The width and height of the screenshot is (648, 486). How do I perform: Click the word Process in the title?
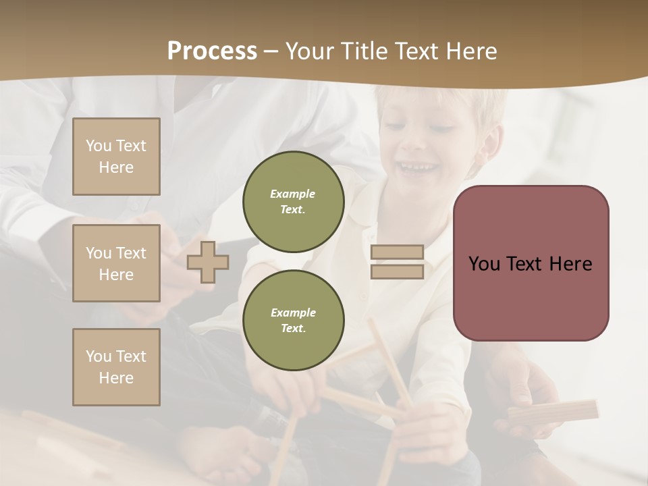click(x=212, y=51)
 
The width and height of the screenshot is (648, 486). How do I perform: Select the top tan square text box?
click(x=116, y=157)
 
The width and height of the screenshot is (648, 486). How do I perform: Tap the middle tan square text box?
click(x=116, y=263)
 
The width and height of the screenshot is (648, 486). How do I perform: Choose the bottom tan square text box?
click(x=116, y=367)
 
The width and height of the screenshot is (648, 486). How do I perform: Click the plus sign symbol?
click(x=208, y=262)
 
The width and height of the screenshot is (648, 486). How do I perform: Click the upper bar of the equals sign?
click(x=397, y=252)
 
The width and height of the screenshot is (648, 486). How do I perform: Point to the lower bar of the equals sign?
click(x=397, y=271)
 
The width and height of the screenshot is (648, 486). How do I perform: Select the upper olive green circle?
click(x=293, y=201)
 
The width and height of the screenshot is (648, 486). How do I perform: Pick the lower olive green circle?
click(x=293, y=320)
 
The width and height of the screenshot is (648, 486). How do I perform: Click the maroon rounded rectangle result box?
click(x=531, y=263)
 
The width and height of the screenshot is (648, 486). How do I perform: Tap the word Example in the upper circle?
click(x=293, y=194)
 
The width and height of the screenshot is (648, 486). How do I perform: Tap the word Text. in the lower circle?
click(x=293, y=328)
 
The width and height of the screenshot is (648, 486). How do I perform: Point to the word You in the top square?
click(x=98, y=146)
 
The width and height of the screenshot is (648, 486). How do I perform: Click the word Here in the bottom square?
click(x=116, y=378)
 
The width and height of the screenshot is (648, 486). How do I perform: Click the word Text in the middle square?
click(x=130, y=253)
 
